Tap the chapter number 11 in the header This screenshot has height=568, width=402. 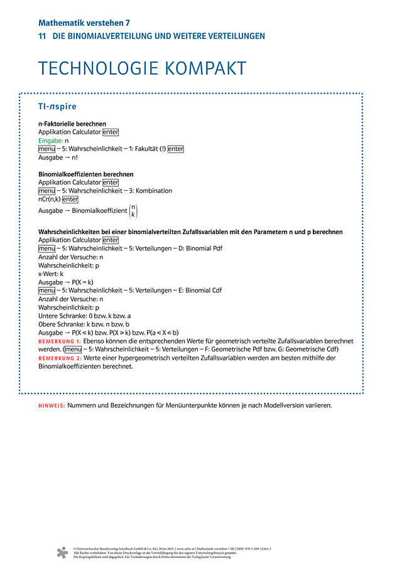[41, 36]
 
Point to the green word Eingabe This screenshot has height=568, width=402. [50, 141]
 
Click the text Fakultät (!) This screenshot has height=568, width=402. [148, 149]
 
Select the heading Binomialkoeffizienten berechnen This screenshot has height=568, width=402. [85, 174]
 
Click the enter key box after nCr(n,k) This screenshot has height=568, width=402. [70, 199]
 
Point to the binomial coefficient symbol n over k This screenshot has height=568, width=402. [133, 211]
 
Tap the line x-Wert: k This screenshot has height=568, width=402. [51, 274]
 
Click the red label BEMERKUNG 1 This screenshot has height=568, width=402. [60, 341]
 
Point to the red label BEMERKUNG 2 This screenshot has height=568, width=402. [60, 358]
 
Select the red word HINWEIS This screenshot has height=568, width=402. [52, 406]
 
